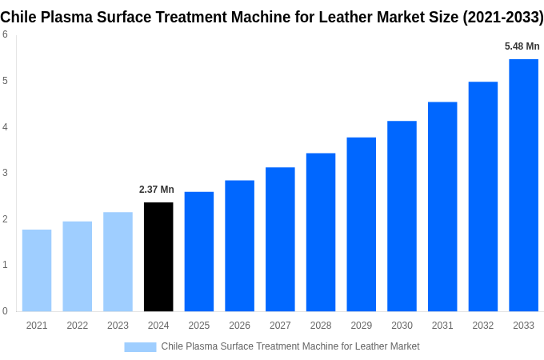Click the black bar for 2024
tap(158, 257)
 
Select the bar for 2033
tap(523, 185)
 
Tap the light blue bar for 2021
tap(37, 270)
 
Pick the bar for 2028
tap(321, 232)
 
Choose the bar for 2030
tap(402, 216)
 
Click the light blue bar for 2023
tap(118, 262)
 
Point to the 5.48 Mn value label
tap(522, 46)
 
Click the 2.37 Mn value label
tap(157, 190)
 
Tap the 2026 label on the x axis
tap(239, 326)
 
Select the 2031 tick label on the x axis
tap(442, 326)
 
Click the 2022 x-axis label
tap(78, 326)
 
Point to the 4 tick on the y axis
tap(5, 126)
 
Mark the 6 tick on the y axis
tap(5, 34)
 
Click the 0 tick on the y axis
tap(5, 311)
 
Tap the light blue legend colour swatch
tap(140, 346)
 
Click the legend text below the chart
tap(290, 346)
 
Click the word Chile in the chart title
tap(19, 17)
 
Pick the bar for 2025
tap(199, 251)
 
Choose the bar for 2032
tap(483, 196)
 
